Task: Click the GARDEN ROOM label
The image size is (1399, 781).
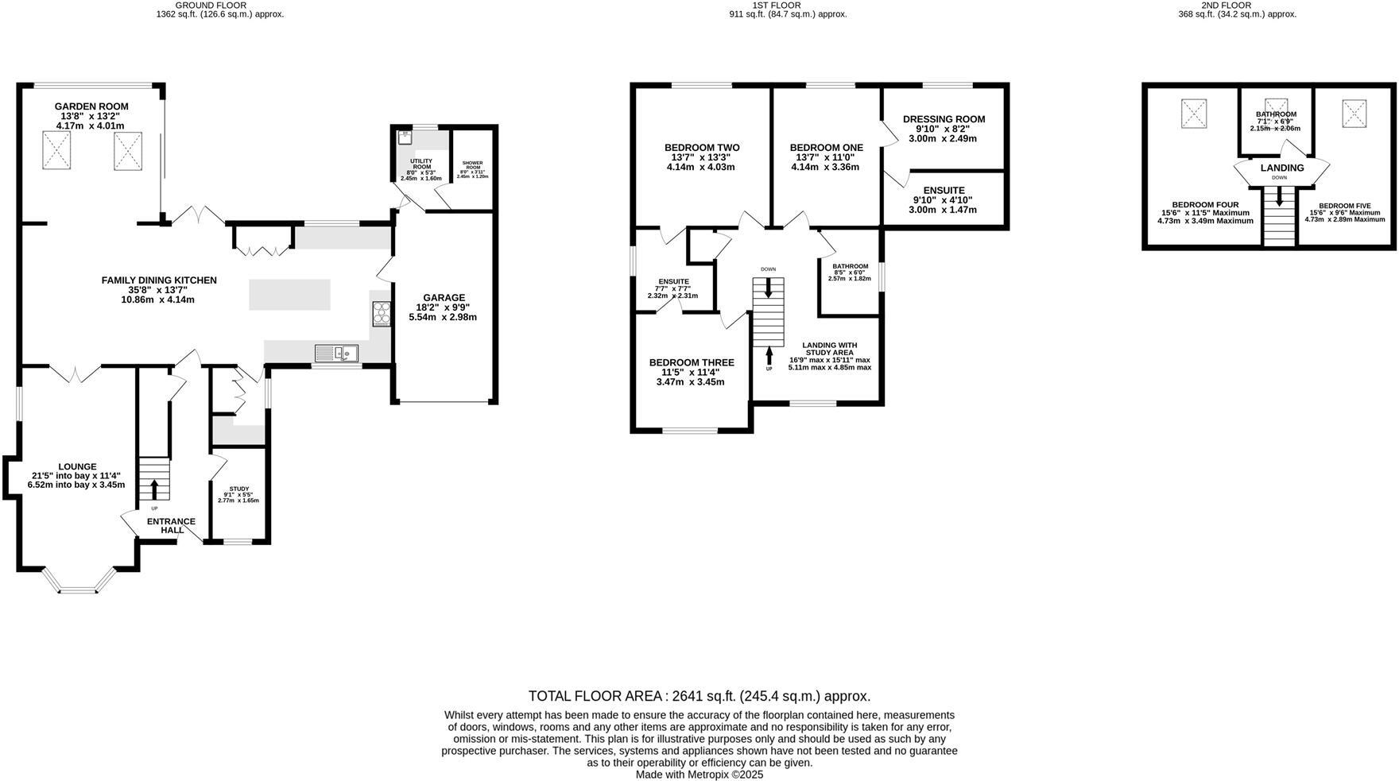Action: click(91, 106)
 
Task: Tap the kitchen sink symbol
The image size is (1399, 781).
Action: click(336, 353)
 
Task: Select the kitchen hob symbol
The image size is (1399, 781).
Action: click(382, 314)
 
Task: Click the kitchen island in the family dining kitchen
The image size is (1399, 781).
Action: click(289, 294)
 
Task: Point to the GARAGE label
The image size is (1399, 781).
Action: click(444, 298)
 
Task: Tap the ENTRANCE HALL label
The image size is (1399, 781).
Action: click(171, 526)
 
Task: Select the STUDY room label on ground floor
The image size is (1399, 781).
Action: click(238, 489)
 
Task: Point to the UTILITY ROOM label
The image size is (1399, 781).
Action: click(421, 164)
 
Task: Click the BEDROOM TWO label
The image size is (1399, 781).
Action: click(702, 148)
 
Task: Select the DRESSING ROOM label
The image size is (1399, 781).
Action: click(944, 119)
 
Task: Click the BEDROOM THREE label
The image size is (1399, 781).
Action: click(691, 362)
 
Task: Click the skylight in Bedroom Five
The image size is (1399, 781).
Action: click(1354, 113)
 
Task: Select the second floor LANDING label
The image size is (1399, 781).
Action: click(1281, 168)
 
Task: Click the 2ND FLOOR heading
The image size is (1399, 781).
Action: click(1237, 5)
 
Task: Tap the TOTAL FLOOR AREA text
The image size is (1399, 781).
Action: click(598, 696)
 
